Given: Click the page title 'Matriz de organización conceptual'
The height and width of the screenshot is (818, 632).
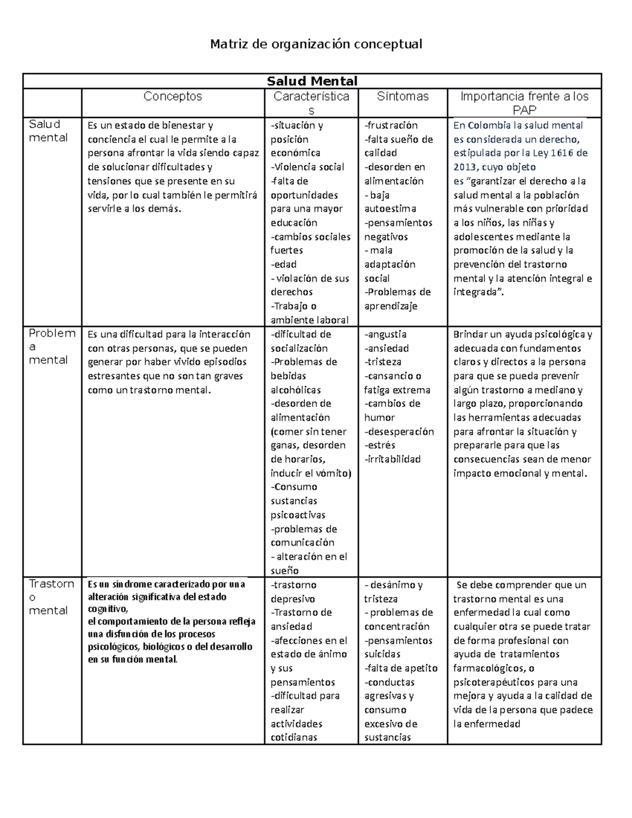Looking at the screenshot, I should (x=316, y=44).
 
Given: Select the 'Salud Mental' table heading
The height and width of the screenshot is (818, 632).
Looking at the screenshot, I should (x=312, y=81).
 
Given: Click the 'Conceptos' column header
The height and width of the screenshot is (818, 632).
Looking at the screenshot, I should (x=173, y=96).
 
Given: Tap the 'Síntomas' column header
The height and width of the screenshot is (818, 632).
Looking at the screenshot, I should (x=402, y=96).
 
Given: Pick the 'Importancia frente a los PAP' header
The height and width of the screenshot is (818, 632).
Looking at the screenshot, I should (x=524, y=103).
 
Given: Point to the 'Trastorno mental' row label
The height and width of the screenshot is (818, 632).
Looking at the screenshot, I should (x=51, y=597).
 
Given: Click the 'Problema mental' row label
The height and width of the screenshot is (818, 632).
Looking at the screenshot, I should (x=51, y=347).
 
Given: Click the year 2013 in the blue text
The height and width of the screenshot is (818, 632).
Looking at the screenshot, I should (x=465, y=167).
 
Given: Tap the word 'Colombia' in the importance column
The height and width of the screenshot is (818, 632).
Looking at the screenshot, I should (x=489, y=125).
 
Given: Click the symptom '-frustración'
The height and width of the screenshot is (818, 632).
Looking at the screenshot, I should (x=391, y=125).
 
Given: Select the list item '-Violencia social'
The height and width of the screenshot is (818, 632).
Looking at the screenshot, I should (x=307, y=167).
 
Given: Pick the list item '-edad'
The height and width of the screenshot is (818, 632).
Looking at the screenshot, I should (x=283, y=264).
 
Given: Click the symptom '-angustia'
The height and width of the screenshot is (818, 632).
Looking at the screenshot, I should (x=385, y=334).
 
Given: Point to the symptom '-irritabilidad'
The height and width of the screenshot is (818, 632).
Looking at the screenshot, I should (x=392, y=459).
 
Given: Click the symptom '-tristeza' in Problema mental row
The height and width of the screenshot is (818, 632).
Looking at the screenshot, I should (x=383, y=362).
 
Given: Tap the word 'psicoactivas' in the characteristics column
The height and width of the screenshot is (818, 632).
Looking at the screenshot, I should (x=298, y=515).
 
